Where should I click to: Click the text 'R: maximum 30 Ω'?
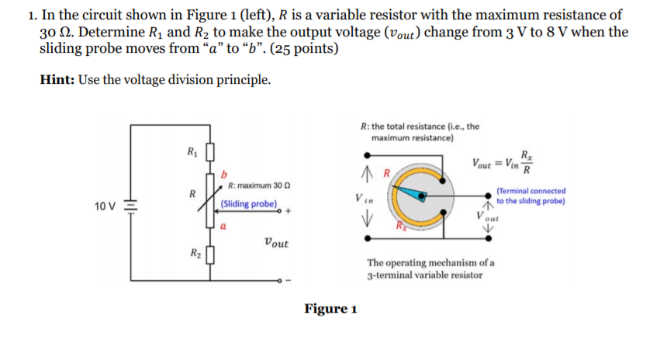point(258,186)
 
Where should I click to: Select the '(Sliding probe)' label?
point(248,204)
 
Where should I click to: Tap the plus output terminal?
point(285,209)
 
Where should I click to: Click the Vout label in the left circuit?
point(275,244)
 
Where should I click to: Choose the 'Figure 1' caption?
point(330,309)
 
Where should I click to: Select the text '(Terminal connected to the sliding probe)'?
point(530,196)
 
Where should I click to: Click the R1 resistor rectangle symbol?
point(208,151)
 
